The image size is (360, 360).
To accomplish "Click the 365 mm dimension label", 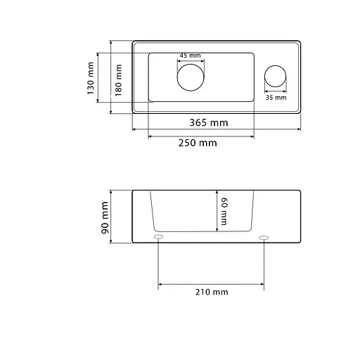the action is tap(209, 122).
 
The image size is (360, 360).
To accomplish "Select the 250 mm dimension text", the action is tap(198, 143).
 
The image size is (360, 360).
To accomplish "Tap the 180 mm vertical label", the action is tap(118, 80).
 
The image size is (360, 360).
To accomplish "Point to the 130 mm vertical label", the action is tap(91, 78).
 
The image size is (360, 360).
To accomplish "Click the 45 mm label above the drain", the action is tap(190, 56).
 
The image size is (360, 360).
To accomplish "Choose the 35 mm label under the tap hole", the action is tap(276, 98).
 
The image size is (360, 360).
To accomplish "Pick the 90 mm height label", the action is tap(105, 217).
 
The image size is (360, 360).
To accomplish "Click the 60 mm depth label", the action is tap(224, 212).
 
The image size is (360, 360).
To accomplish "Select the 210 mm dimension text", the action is tap(212, 292).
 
